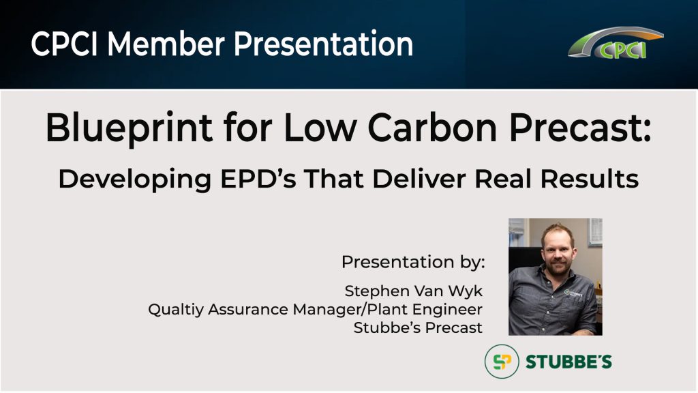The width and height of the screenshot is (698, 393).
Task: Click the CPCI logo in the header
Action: coord(616,43)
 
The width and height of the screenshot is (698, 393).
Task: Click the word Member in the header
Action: coord(166,44)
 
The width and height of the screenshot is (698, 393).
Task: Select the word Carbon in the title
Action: coord(431,128)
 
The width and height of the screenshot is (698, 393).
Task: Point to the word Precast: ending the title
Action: coord(580,128)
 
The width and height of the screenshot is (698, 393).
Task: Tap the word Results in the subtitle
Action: coord(590,179)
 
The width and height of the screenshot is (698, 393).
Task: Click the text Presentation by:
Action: coord(413,263)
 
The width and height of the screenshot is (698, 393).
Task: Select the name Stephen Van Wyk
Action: coord(414,291)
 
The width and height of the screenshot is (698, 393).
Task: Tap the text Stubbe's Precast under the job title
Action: coord(418,328)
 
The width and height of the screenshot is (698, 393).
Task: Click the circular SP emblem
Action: coord(502,362)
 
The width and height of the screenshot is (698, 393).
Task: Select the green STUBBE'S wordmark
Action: coord(569,362)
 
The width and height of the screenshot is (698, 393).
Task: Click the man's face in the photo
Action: coord(558,250)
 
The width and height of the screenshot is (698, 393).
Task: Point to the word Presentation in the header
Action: coord(324,44)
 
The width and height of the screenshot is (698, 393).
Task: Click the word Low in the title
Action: coord(320,128)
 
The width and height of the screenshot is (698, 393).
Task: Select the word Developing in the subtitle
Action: coord(135,179)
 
